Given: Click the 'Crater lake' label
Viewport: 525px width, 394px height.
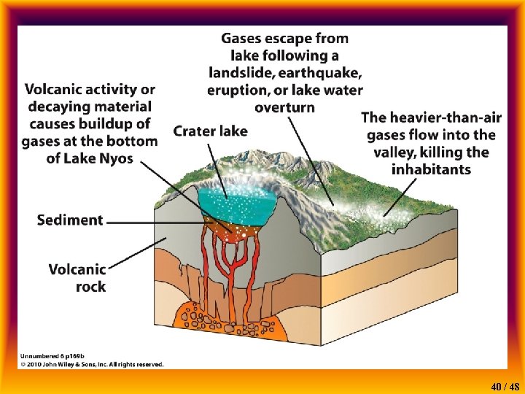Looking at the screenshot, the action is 210,131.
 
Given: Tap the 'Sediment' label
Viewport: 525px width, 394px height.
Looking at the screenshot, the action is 70,220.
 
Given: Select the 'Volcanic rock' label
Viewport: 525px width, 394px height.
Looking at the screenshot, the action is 77,278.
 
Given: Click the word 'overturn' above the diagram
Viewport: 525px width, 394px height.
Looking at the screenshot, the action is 285,107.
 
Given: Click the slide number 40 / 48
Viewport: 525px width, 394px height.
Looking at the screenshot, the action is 505,386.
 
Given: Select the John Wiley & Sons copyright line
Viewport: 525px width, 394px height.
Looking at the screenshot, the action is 92,364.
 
